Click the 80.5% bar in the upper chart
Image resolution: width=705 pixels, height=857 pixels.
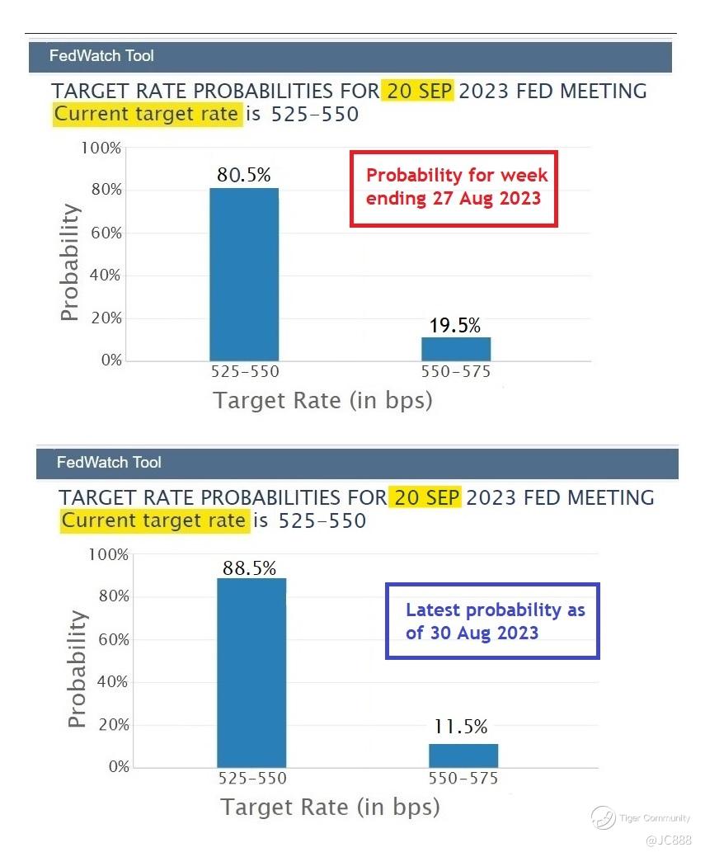click(244, 274)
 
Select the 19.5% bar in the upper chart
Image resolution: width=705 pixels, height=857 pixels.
click(456, 348)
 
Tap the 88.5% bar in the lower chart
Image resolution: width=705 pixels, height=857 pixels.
click(251, 672)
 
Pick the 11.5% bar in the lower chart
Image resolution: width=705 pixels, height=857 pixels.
click(463, 756)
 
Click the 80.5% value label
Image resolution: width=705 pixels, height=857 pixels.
click(244, 175)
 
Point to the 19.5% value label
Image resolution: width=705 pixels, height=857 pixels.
click(456, 326)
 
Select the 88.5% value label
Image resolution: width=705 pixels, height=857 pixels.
click(249, 568)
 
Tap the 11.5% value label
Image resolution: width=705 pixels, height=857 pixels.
click(461, 727)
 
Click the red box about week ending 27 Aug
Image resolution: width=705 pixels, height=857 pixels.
click(454, 187)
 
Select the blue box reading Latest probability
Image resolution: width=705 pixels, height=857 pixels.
click(492, 621)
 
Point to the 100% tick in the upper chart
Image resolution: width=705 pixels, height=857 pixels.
click(101, 148)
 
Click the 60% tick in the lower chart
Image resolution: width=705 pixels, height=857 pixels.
click(109, 639)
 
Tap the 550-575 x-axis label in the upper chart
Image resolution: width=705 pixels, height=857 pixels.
click(456, 372)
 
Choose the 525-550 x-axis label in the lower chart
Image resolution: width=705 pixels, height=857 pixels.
click(251, 779)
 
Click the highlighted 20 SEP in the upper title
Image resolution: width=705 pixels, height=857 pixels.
click(417, 91)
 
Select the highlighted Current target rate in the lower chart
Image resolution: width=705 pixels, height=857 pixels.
click(154, 520)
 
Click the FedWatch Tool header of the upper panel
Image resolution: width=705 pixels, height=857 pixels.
click(101, 56)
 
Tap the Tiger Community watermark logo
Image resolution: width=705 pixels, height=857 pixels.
click(603, 817)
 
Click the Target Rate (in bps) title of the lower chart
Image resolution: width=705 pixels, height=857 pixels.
click(330, 807)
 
